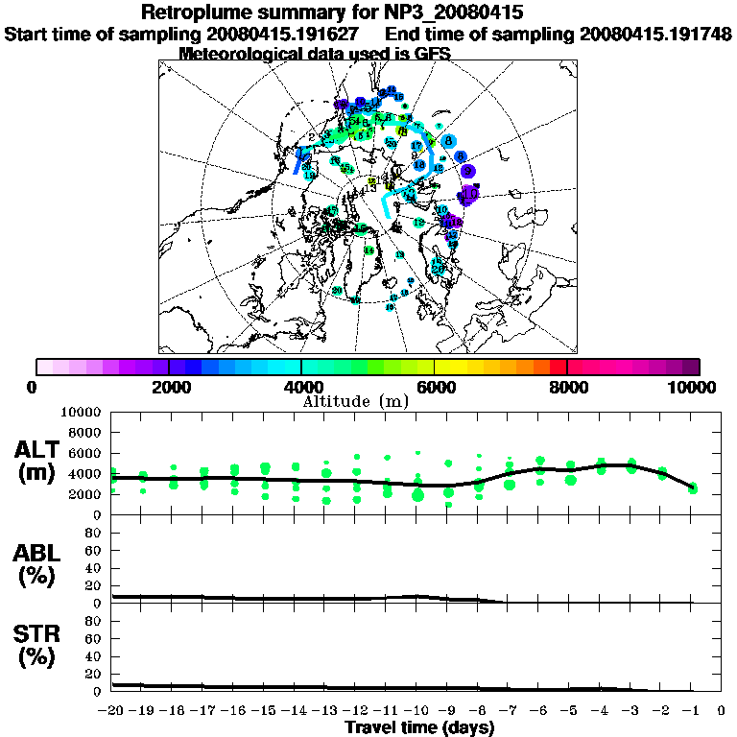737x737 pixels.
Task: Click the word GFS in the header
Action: (432, 54)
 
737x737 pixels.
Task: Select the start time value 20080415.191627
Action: (282, 34)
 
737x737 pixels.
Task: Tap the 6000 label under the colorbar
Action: (435, 387)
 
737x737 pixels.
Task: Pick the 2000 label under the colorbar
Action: (169, 387)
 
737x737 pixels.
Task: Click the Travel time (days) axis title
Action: (419, 728)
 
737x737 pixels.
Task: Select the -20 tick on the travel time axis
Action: (112, 710)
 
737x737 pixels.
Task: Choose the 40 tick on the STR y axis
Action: (94, 656)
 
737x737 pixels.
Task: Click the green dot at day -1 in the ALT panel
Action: (692, 489)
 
